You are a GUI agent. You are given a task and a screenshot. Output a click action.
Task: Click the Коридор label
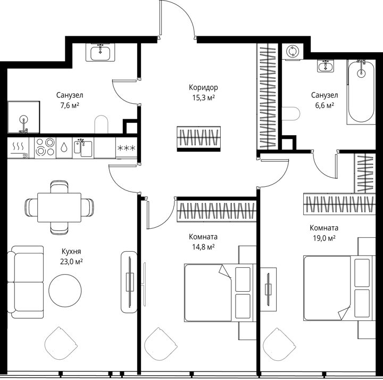203,87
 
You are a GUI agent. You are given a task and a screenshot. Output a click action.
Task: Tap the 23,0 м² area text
71,262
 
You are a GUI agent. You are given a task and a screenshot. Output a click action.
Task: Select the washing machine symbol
293,52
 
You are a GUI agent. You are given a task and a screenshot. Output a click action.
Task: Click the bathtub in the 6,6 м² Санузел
361,92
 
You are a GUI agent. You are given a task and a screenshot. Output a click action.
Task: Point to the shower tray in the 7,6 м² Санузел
24,117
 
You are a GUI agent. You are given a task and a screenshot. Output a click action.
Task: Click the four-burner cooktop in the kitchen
45,147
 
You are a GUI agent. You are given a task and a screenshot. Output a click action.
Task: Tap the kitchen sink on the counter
83,147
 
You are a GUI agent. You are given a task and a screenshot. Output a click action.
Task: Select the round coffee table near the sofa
65,290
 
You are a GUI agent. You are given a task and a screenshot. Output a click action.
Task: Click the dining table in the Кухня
60,208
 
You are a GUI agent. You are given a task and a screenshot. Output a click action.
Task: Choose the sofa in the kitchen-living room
26,282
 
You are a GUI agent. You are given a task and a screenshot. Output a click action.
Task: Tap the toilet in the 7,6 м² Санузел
101,125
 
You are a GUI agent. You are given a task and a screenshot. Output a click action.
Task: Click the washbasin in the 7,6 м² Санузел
101,52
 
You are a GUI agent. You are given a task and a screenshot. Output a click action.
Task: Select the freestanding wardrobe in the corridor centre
198,139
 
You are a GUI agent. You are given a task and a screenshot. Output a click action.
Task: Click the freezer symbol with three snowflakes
126,147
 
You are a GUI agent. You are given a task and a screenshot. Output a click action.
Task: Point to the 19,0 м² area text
324,238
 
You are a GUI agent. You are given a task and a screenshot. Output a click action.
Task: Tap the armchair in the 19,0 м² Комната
279,344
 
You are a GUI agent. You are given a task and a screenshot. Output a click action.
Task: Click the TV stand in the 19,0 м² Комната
268,290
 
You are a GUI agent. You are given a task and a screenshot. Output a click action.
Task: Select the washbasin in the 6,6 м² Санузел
326,66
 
